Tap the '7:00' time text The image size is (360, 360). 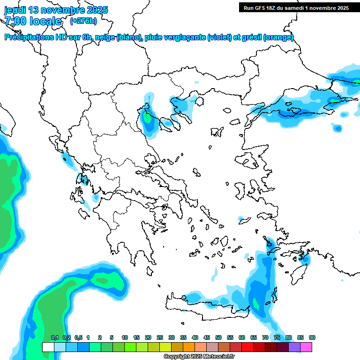pyautogui.click(x=15, y=21)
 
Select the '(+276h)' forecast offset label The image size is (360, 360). pyautogui.click(x=83, y=21)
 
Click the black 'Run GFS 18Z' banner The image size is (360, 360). pyautogui.click(x=296, y=7)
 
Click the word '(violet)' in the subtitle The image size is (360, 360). pyautogui.click(x=219, y=37)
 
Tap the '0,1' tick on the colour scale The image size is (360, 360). pyautogui.click(x=54, y=337)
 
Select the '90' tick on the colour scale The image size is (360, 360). pyautogui.click(x=312, y=337)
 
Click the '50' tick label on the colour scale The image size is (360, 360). pyautogui.click(x=218, y=337)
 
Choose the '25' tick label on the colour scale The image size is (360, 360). pyautogui.click(x=160, y=337)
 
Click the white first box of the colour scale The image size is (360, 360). pyautogui.click(x=48, y=347)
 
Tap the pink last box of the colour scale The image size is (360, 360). pyautogui.click(x=307, y=347)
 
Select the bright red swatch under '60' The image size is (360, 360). pyautogui.click(x=247, y=347)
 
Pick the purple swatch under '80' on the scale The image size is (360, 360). pyautogui.click(x=294, y=347)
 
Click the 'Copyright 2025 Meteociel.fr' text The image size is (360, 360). pyautogui.click(x=199, y=356)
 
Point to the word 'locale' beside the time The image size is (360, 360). pyautogui.click(x=45, y=21)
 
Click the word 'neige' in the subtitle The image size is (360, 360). pyautogui.click(x=105, y=37)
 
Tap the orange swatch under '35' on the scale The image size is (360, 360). pyautogui.click(x=189, y=347)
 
